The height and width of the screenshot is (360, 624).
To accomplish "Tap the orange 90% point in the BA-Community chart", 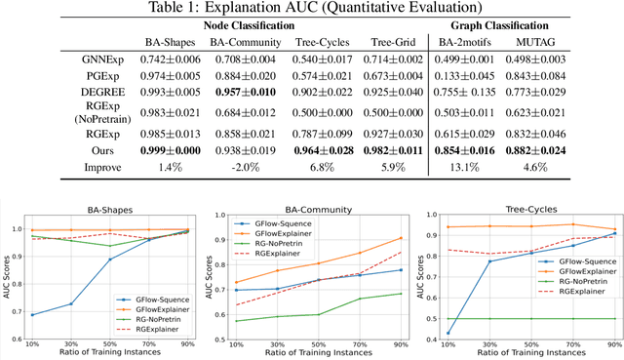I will (402, 238).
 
